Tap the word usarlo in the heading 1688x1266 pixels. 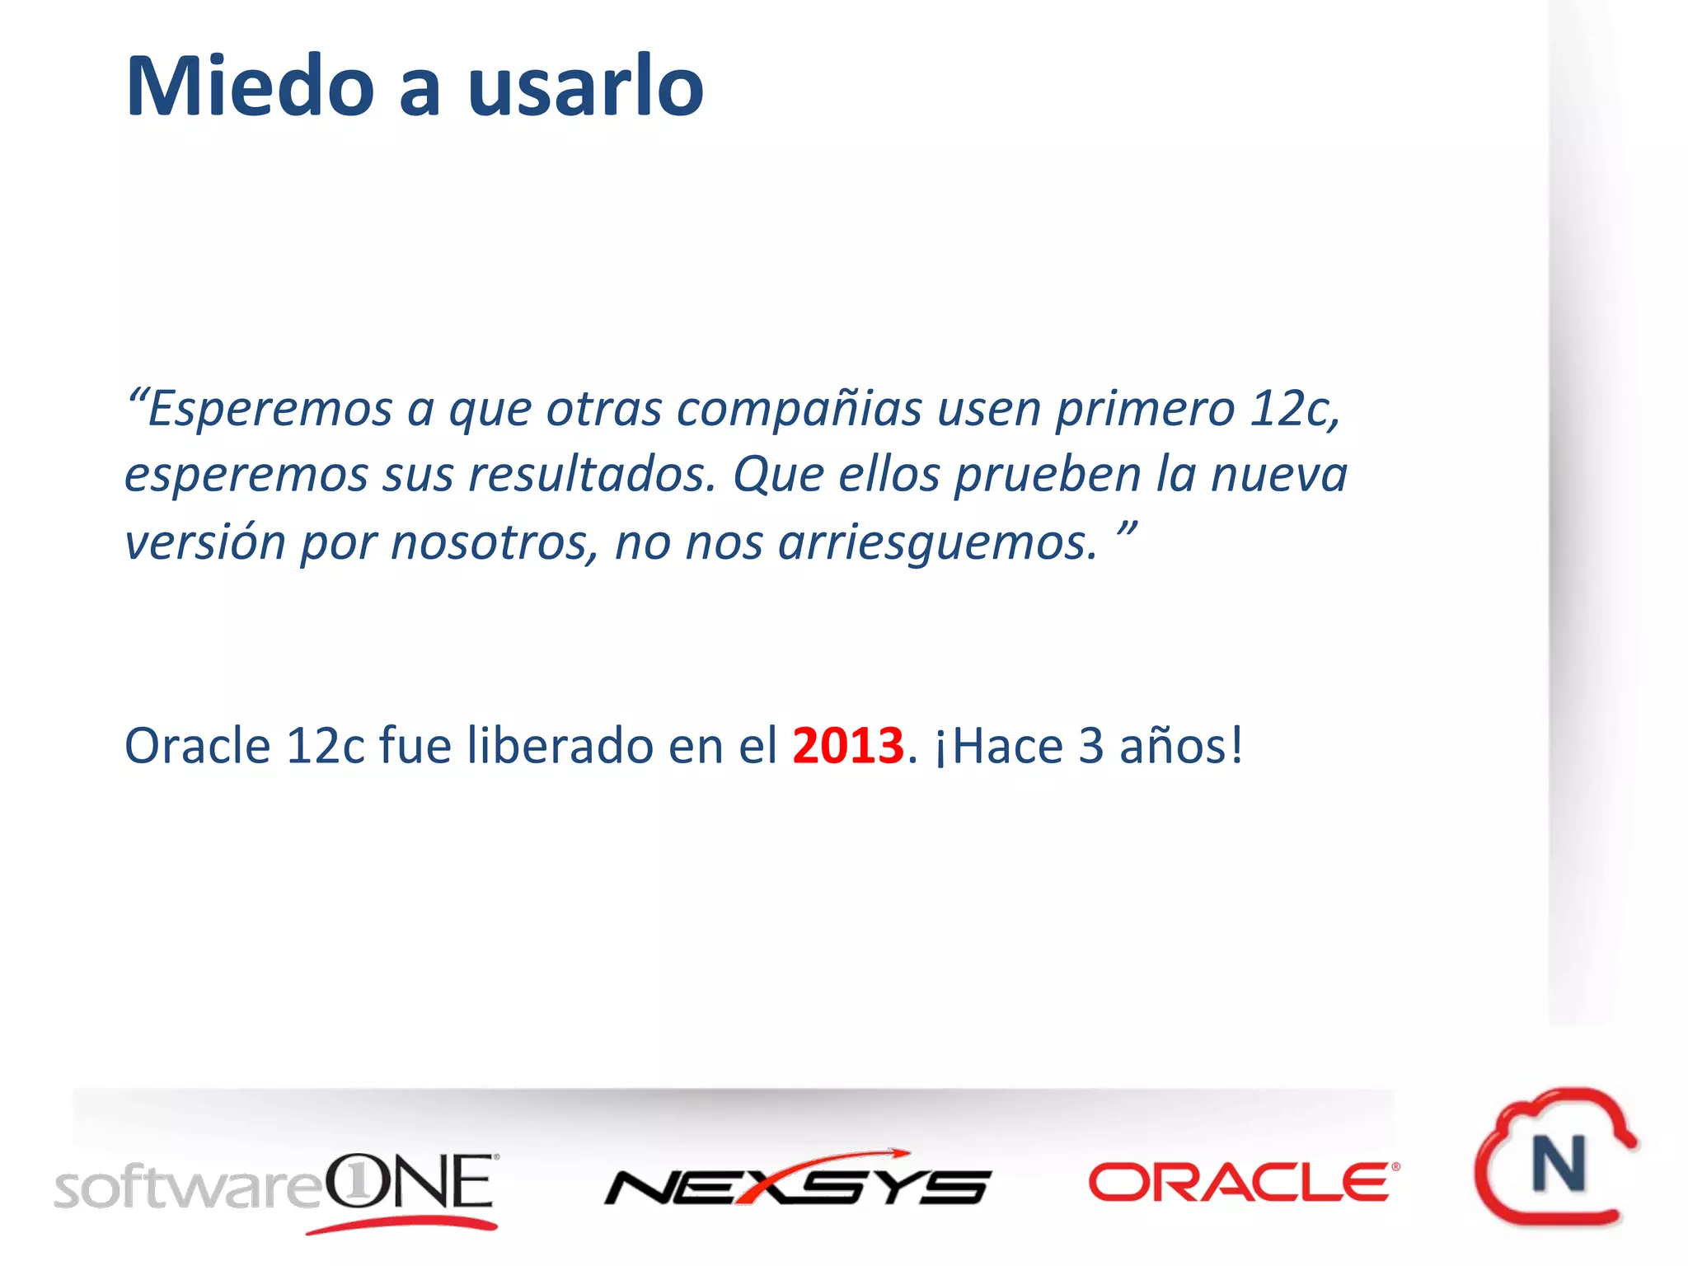pyautogui.click(x=585, y=87)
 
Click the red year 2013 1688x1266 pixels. pyautogui.click(x=848, y=746)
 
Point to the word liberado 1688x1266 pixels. pyautogui.click(x=560, y=746)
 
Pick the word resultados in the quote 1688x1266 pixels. pyautogui.click(x=592, y=476)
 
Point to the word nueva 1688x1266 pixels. pyautogui.click(x=1278, y=476)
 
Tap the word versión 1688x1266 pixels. pyautogui.click(x=205, y=542)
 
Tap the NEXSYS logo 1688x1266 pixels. pyautogui.click(x=797, y=1179)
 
